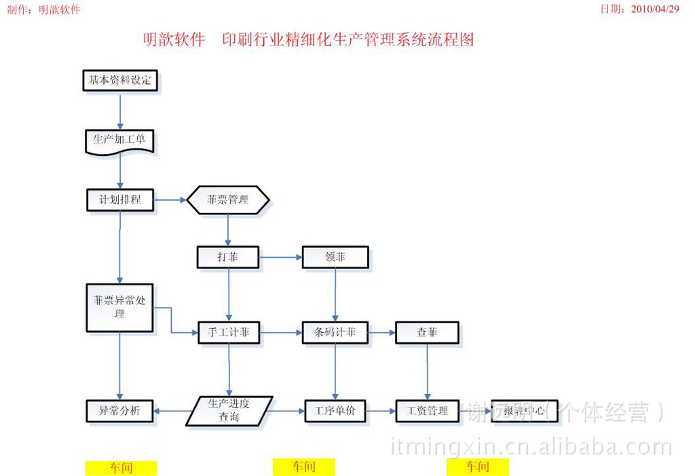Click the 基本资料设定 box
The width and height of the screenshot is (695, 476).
click(120, 81)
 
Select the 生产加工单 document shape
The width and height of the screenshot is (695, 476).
click(119, 141)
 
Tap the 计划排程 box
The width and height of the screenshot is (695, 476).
click(120, 200)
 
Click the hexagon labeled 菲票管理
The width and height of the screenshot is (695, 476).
click(228, 200)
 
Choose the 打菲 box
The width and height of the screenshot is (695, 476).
click(228, 257)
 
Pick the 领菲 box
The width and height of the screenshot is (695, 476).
click(335, 257)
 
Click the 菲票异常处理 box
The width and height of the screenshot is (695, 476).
click(119, 307)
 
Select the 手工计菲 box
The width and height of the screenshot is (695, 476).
click(228, 333)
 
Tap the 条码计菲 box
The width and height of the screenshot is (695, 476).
click(335, 333)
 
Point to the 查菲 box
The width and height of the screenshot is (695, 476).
click(427, 333)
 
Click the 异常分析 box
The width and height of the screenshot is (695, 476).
click(120, 411)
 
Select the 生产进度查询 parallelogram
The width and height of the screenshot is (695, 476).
click(229, 411)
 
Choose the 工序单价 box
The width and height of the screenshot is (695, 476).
click(335, 411)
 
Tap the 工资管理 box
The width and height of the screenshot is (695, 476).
click(427, 411)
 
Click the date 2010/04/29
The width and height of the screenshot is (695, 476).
click(654, 9)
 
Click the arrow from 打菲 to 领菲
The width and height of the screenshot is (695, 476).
click(280, 257)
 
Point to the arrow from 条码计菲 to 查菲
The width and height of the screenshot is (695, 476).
click(382, 333)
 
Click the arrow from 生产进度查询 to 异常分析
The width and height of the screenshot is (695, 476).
click(170, 411)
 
